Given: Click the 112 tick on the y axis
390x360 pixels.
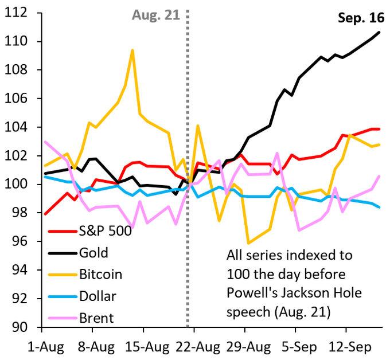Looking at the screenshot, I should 21,13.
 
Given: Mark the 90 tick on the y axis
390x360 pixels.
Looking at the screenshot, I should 24,327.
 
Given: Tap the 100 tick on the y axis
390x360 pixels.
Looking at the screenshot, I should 21,185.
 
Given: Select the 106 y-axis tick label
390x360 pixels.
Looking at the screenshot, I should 21,99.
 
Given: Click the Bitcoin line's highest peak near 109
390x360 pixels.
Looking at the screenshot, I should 132,50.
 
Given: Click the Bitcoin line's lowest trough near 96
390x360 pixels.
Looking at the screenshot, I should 248,243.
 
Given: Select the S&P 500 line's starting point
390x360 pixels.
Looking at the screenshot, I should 44,214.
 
